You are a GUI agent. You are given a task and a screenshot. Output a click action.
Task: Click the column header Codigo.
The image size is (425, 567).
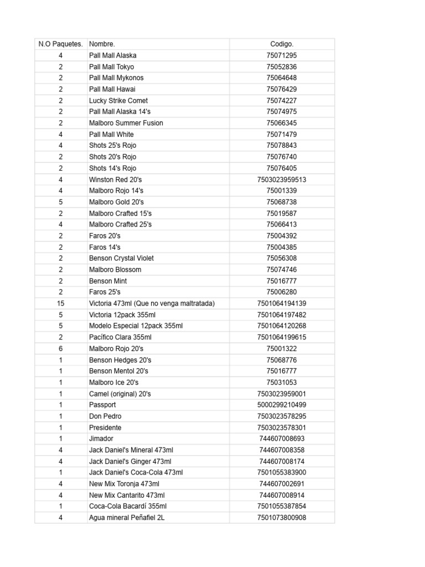click(282, 44)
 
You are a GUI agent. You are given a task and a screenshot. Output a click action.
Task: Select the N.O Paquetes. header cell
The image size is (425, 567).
click(60, 44)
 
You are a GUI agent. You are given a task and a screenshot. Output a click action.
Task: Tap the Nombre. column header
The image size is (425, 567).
click(102, 44)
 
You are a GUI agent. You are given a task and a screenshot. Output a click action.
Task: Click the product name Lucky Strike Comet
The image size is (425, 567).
click(118, 101)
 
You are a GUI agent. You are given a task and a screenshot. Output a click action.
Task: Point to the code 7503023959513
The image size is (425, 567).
click(282, 179)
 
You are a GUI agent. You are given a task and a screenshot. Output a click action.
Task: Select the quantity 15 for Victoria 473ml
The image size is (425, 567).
click(60, 303)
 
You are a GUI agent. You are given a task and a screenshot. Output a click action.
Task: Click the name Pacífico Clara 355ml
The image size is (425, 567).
click(120, 337)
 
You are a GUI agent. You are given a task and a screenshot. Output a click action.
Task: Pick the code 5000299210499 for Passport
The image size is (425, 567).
click(282, 405)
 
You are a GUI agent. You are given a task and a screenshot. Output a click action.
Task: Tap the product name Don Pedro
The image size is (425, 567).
click(105, 416)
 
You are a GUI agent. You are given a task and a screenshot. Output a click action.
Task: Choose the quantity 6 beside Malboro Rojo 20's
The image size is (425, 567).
click(60, 348)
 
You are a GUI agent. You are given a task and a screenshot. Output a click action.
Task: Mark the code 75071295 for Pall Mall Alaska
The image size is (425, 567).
click(282, 55)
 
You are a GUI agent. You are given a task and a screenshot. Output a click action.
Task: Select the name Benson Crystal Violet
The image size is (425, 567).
click(121, 258)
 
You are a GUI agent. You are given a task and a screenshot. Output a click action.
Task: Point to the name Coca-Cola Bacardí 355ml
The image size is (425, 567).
click(128, 506)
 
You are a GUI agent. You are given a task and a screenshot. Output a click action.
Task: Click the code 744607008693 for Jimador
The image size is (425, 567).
click(282, 439)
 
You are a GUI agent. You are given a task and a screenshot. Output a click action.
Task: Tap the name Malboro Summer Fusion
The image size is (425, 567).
click(126, 123)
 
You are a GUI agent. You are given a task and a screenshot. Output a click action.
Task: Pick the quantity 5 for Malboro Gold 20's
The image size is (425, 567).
click(60, 202)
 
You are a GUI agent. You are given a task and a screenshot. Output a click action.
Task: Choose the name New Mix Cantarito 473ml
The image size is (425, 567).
click(127, 495)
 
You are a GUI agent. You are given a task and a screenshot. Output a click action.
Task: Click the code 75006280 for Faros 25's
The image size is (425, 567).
click(282, 292)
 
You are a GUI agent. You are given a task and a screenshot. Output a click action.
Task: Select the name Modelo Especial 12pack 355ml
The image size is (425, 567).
click(136, 326)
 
